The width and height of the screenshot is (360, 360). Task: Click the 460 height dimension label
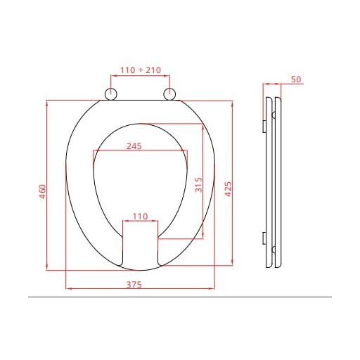pos(43,191)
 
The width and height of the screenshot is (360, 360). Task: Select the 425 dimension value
pos(228,189)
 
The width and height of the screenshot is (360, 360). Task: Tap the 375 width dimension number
pos(134,285)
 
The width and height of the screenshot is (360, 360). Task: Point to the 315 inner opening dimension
pos(198,185)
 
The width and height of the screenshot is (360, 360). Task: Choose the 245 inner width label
pos(134,146)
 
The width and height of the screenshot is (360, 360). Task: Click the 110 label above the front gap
pos(140,217)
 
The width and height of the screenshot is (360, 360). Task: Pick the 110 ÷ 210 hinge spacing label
pos(141,70)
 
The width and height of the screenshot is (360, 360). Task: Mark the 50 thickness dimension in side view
pos(296,79)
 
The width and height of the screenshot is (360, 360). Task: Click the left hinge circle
pos(110,94)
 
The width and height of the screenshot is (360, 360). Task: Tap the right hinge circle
pos(169,94)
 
